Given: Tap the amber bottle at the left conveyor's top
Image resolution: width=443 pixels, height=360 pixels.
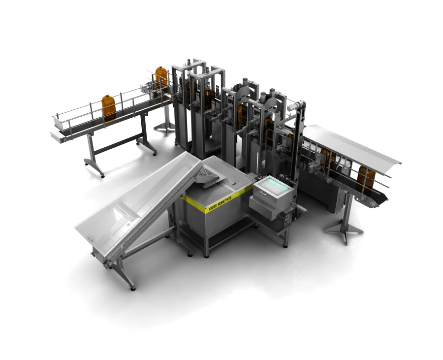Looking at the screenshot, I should pyautogui.click(x=161, y=77).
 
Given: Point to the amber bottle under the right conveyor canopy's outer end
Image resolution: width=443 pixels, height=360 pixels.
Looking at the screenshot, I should pyautogui.click(x=365, y=178).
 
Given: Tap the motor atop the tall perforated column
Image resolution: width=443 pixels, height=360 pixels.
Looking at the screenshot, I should pyautogui.click(x=298, y=105).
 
